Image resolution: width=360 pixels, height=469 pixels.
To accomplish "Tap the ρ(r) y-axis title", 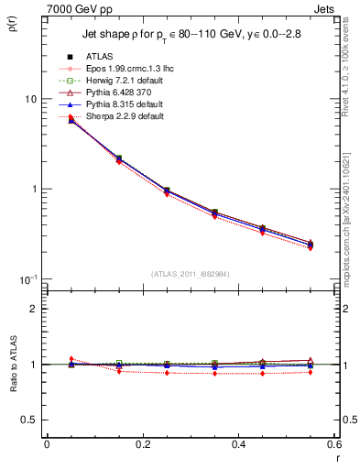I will pyautogui.click(x=10, y=25).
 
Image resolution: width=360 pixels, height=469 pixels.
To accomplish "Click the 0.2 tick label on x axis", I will pyautogui.click(x=142, y=444).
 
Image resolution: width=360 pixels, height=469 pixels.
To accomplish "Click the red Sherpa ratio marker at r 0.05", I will pyautogui.click(x=71, y=359).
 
